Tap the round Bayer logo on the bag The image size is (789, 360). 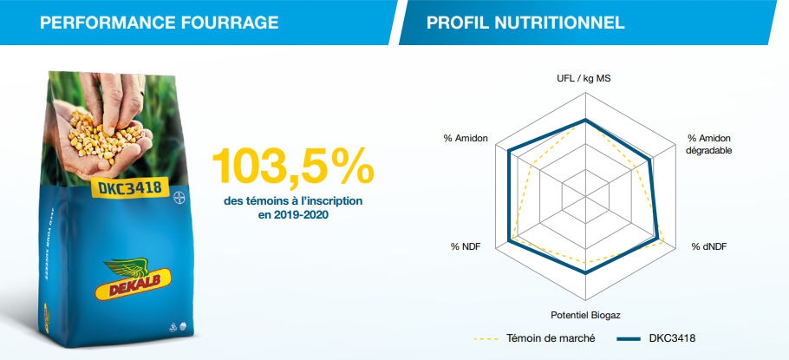[178, 193]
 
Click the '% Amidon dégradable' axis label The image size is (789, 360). [709, 144]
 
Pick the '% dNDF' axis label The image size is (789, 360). [709, 247]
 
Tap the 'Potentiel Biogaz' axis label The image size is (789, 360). [585, 314]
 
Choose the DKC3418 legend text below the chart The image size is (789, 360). [673, 337]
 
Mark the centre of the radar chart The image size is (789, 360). [586, 196]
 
